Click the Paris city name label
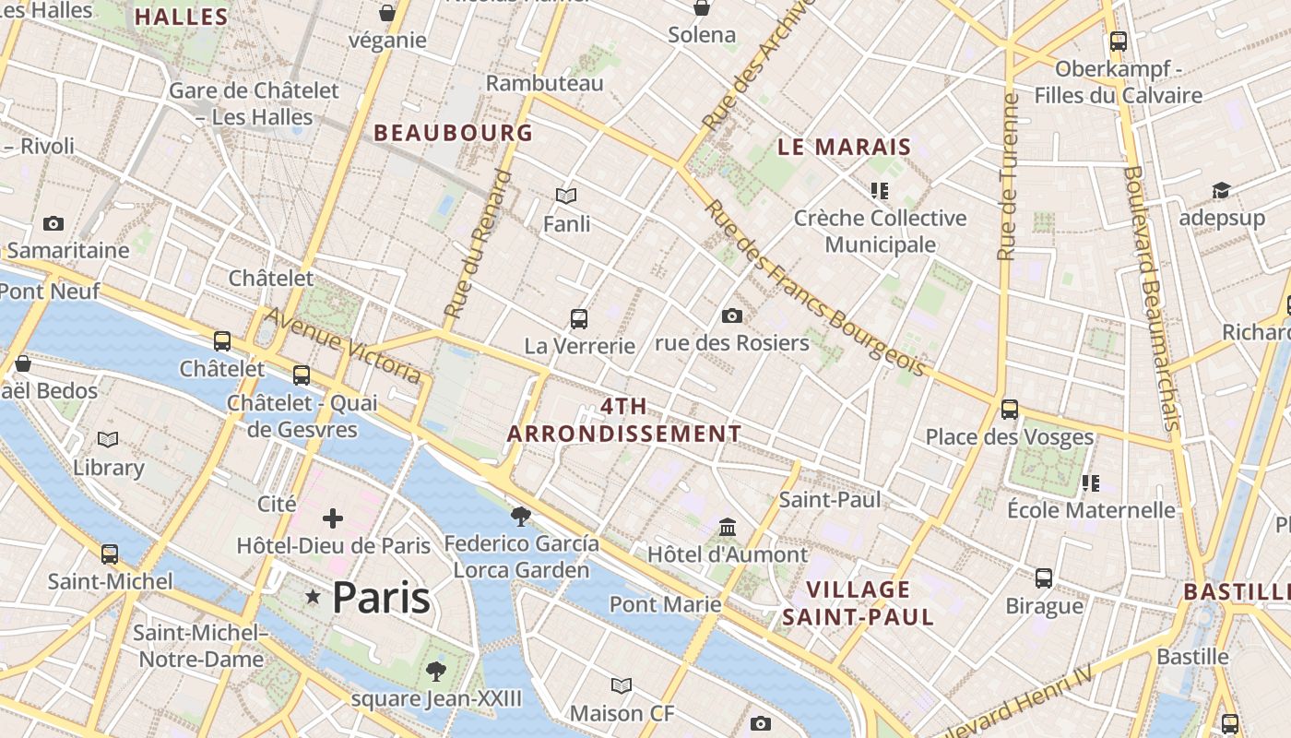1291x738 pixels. pos(381,598)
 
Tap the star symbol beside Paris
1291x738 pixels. pos(314,598)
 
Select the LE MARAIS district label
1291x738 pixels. pos(844,147)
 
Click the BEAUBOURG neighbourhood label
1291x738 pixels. pos(453,133)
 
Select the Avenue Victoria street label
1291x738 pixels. pos(343,345)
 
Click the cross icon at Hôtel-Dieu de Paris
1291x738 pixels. pos(333,518)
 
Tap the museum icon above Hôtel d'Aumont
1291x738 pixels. pos(728,528)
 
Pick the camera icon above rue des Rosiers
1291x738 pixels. pos(731,316)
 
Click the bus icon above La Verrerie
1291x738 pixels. pos(579,319)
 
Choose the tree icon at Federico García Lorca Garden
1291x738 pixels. pos(520,516)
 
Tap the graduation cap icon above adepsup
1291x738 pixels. pos(1222,191)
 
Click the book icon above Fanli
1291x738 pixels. pos(566,196)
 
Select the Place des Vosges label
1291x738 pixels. pos(1009,436)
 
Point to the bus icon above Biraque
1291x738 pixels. pos(1044,578)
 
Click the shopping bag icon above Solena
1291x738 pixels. pos(702,8)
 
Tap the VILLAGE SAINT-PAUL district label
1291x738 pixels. pos(859,602)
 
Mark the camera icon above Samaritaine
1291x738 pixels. pos(53,223)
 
